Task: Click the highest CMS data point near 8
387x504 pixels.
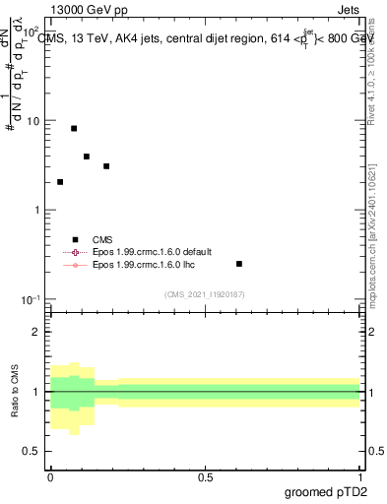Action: [x=74, y=128]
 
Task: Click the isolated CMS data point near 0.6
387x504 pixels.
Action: [x=239, y=264]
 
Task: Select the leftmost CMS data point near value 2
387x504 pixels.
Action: [x=60, y=182]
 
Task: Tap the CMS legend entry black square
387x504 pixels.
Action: [x=75, y=239]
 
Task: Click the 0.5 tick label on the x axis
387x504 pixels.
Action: [x=206, y=477]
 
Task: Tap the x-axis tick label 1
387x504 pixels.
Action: [x=360, y=477]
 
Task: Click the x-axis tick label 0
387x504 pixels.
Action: [x=51, y=477]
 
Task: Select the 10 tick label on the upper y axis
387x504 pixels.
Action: [x=33, y=121]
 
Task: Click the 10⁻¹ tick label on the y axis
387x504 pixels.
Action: [x=32, y=299]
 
